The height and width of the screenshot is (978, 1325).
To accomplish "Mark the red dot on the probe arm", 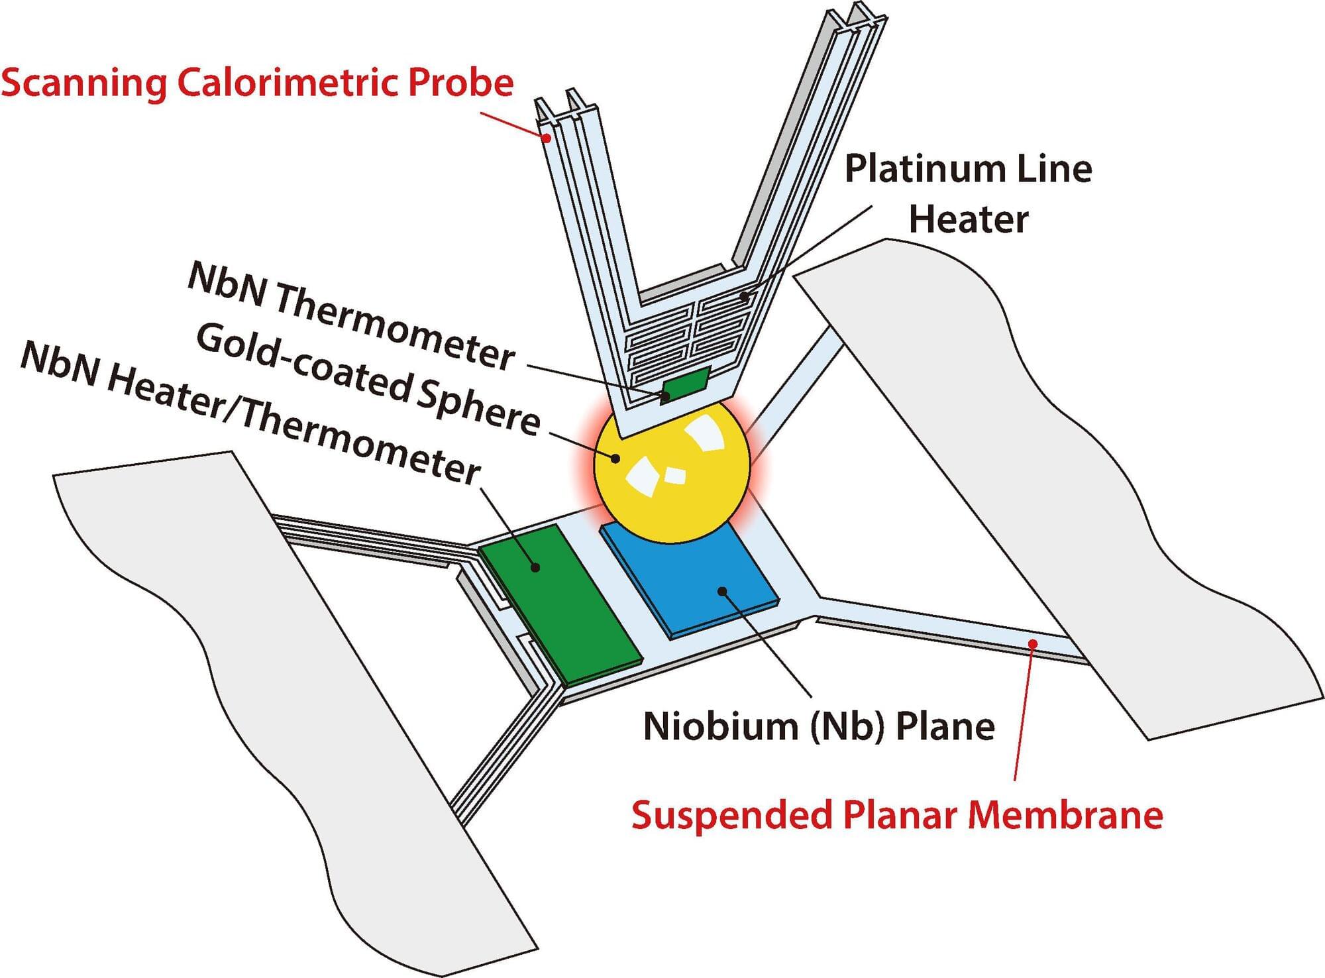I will [547, 138].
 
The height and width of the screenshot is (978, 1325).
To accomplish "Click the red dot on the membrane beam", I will [1032, 643].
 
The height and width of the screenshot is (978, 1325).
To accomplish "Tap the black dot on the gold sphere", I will [616, 458].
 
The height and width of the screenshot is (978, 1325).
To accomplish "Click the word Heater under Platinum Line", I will [968, 219].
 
